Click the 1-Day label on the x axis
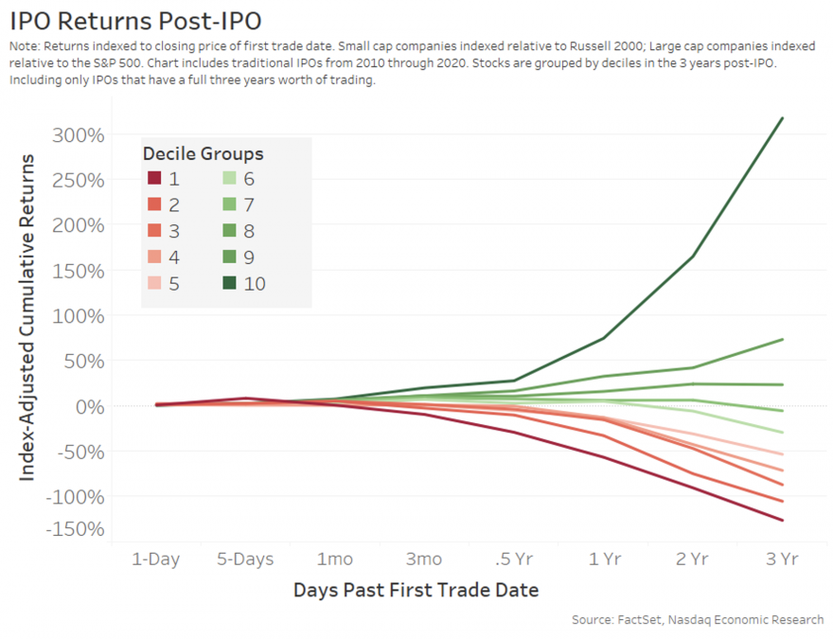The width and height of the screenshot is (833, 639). tap(155, 559)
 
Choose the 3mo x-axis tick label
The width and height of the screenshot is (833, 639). tap(423, 559)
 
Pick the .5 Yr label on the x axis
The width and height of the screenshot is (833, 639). tap(513, 559)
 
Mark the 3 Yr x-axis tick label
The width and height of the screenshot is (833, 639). tap(782, 559)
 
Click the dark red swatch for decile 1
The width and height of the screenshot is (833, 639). tap(154, 179)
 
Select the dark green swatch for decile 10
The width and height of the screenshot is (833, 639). tap(229, 282)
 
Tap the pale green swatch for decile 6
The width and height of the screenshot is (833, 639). tap(229, 179)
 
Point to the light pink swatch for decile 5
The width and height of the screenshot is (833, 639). tap(154, 282)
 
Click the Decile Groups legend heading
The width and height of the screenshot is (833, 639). tap(204, 153)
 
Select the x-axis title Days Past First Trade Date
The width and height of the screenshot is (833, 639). tap(416, 591)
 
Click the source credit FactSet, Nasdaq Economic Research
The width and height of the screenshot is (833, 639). tap(698, 620)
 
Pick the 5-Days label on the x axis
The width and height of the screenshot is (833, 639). tap(244, 559)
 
